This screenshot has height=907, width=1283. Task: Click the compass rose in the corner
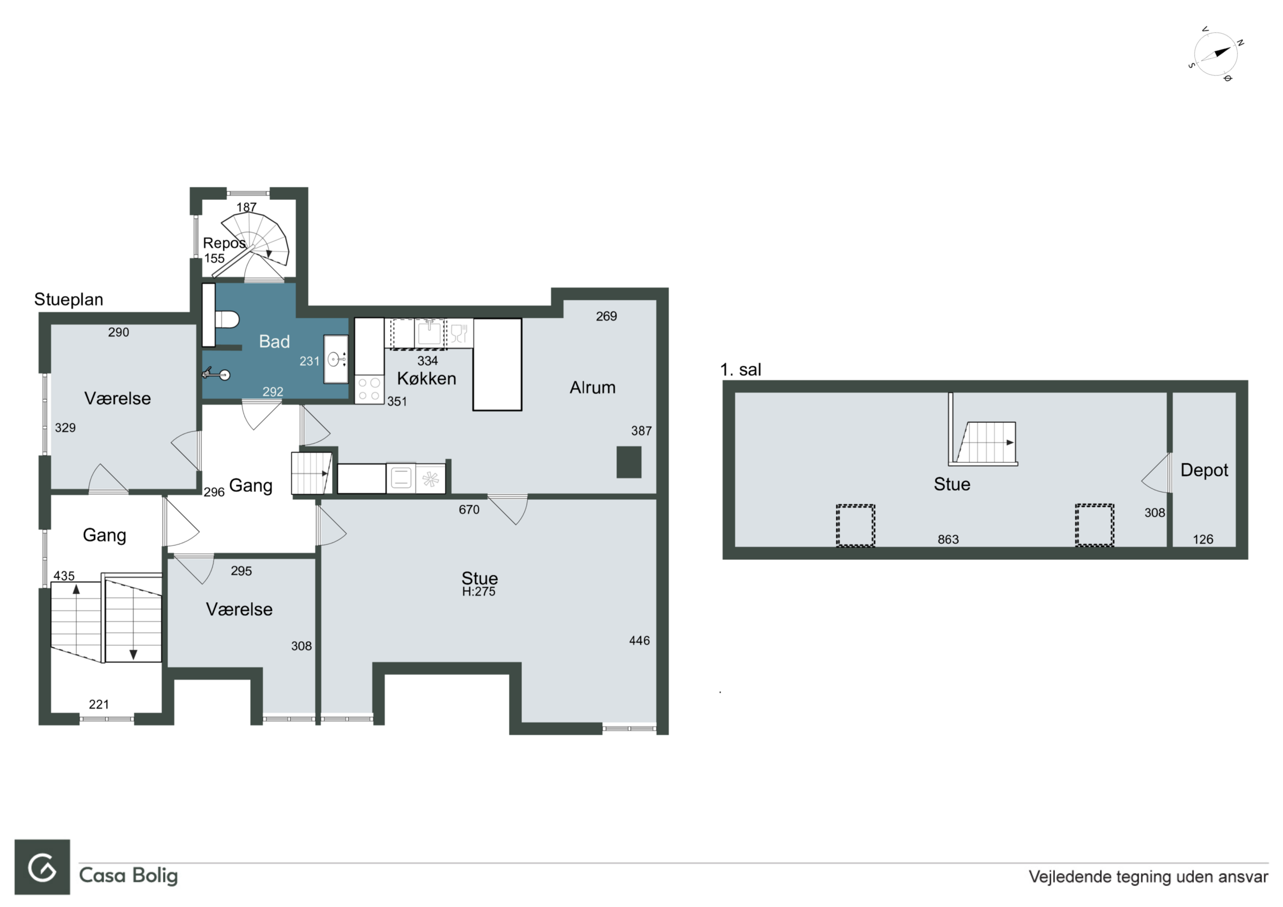click(1216, 54)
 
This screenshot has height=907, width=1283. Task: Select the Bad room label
click(274, 341)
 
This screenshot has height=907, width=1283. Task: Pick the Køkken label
click(426, 379)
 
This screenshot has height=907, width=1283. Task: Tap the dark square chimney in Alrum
click(629, 462)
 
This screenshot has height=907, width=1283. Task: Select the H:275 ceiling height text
click(478, 592)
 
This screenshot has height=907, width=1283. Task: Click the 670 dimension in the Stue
click(469, 510)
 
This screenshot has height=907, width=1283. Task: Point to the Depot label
click(1204, 471)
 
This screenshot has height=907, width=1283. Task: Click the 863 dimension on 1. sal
click(948, 539)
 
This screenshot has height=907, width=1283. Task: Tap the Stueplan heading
click(69, 300)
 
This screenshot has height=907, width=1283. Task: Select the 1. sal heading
click(740, 369)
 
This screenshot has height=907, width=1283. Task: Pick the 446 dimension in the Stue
click(639, 640)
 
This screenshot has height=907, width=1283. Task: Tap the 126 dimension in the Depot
click(1203, 539)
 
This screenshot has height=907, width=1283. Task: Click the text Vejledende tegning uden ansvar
click(1148, 876)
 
